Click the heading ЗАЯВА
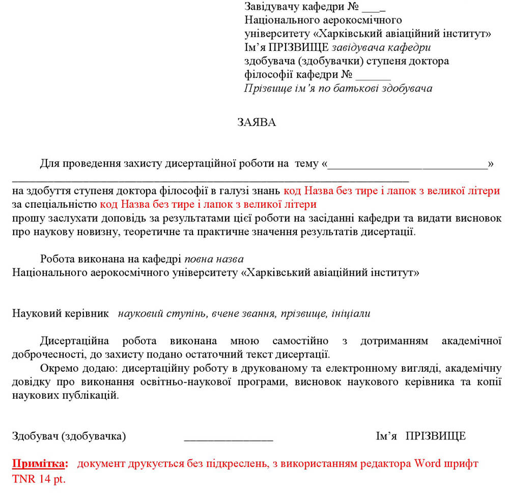[x=257, y=122]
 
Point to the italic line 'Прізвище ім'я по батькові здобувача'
[x=338, y=89]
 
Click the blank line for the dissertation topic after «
[x=408, y=164]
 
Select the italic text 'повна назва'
[x=214, y=259]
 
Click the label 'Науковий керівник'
[x=61, y=314]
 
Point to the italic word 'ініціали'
[x=351, y=314]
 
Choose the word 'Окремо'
[x=56, y=368]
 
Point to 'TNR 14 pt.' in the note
[x=39, y=479]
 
